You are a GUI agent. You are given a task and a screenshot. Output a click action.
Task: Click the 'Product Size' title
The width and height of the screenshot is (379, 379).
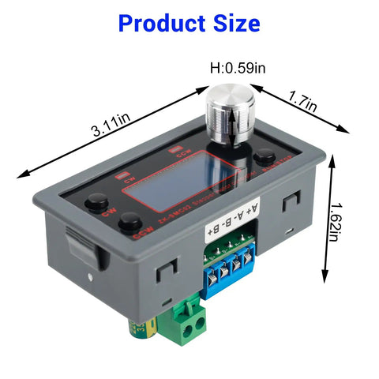point(189,23)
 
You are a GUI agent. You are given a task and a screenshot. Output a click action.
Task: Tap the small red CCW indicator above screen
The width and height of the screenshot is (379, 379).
point(182,150)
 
